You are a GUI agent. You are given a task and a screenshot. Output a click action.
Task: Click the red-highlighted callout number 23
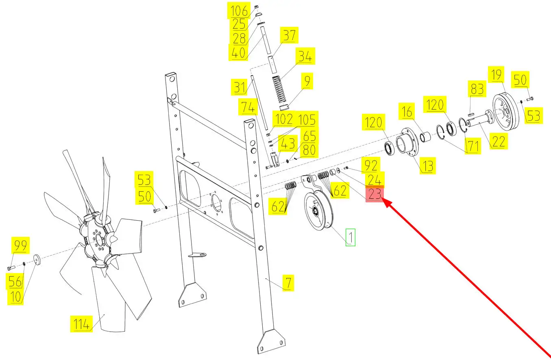(x=375, y=194)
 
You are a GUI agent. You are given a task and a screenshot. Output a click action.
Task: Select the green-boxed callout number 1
(x=351, y=237)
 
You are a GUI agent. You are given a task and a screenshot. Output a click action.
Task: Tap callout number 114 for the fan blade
(x=81, y=324)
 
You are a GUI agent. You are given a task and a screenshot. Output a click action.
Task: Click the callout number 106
(x=239, y=11)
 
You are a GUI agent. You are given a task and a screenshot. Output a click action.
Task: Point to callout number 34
(x=305, y=56)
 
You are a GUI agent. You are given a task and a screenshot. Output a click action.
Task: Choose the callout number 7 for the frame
(x=288, y=283)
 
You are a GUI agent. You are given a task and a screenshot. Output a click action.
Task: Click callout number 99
(x=20, y=245)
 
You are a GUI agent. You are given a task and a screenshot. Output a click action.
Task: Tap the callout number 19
(x=497, y=75)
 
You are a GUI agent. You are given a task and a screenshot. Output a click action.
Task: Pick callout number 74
(x=248, y=107)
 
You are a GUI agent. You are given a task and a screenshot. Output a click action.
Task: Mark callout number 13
(x=428, y=166)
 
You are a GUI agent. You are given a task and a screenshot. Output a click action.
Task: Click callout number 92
(x=371, y=165)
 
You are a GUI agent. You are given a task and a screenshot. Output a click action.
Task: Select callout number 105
(x=307, y=119)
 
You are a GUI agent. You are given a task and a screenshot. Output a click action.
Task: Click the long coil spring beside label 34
(x=279, y=89)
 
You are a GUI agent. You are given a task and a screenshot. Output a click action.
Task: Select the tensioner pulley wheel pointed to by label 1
(x=318, y=210)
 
